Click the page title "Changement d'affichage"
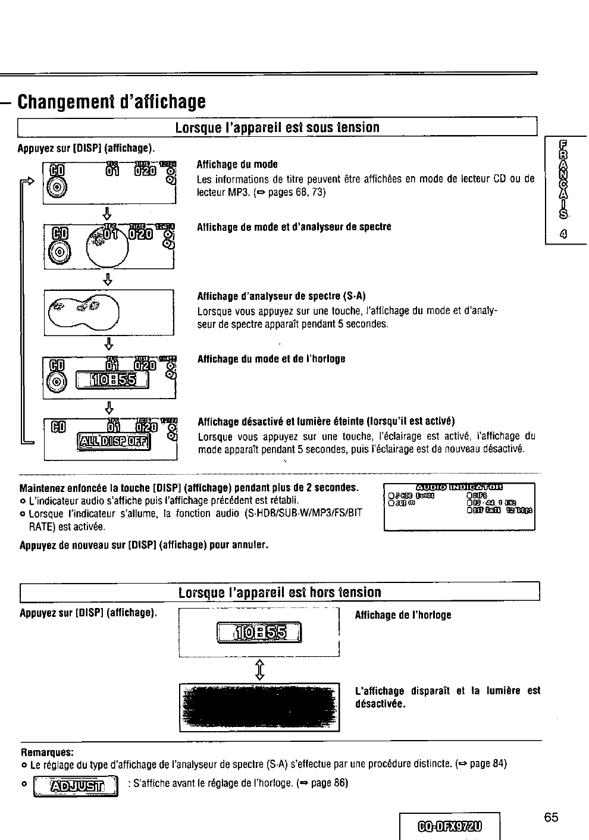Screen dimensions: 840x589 (111, 101)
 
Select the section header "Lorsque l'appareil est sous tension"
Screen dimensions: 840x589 (277, 128)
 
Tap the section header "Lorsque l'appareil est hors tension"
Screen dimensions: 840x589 (279, 593)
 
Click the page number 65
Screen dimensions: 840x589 (551, 817)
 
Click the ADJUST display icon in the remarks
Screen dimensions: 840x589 (79, 786)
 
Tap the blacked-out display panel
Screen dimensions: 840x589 (259, 707)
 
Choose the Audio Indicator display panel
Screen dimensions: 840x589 (459, 506)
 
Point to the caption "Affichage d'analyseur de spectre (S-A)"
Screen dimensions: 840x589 (281, 296)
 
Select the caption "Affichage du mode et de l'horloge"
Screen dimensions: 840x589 (271, 359)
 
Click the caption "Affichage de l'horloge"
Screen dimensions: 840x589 (403, 615)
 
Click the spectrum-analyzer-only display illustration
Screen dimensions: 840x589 (108, 312)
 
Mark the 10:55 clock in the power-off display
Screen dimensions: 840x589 (259, 632)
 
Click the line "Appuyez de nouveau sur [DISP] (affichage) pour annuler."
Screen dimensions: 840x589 (144, 544)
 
